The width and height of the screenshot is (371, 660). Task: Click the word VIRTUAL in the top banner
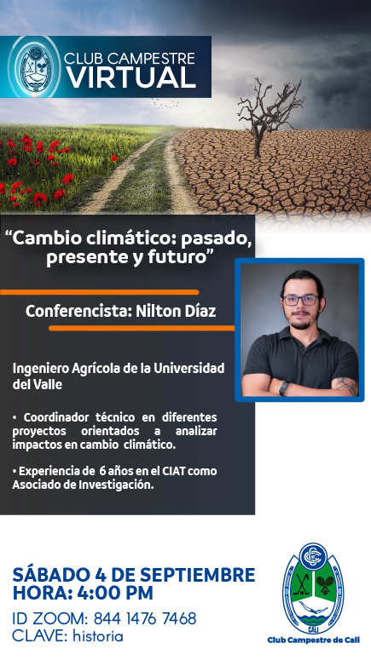pos(131,77)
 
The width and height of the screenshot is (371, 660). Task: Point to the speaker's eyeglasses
pos(300,300)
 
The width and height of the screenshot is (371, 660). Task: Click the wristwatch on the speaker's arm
pos(284,387)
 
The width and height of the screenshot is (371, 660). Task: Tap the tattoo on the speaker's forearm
pos(347,386)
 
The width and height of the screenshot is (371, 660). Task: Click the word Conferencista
pos(78,311)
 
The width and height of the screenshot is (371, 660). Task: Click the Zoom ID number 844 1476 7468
pos(145,618)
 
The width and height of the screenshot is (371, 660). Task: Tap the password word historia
pos(98,635)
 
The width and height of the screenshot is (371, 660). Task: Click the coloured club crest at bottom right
pos(313,588)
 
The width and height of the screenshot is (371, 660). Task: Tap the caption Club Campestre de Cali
pos(313,640)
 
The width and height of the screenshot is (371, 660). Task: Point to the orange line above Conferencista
pos(100,292)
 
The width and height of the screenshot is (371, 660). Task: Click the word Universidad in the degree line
pos(188,368)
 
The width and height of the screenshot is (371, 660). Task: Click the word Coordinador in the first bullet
pos(56,417)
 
